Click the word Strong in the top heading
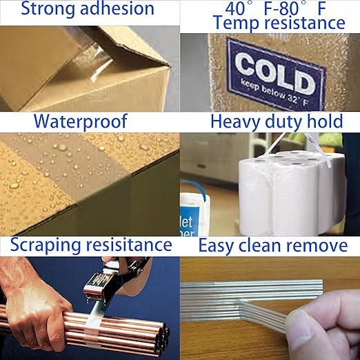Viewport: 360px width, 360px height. tap(43, 10)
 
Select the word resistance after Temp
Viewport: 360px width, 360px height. tap(303, 23)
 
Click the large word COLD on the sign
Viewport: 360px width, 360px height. tap(274, 69)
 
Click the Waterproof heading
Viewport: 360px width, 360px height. tap(81, 121)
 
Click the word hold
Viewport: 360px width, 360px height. tap(324, 121)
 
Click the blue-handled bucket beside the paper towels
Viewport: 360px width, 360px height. tap(197, 207)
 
